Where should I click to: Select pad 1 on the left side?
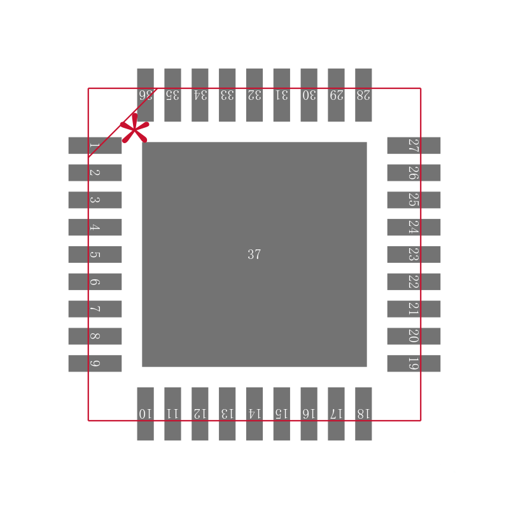[x=95, y=146]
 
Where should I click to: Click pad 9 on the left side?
[x=95, y=363]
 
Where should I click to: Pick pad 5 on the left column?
[x=95, y=254]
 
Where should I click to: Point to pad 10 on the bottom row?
[x=145, y=414]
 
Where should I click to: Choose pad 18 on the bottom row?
[x=363, y=414]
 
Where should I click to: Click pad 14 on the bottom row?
[x=254, y=414]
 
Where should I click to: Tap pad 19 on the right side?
[x=414, y=363]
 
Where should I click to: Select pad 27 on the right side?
[x=414, y=146]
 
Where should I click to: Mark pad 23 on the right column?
[x=414, y=254]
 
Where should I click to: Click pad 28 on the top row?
[x=363, y=95]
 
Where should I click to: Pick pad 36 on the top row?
[x=145, y=95]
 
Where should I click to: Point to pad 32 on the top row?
[x=254, y=95]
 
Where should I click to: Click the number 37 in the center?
[x=254, y=254]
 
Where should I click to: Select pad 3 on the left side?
[x=95, y=200]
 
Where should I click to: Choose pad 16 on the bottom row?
[x=309, y=414]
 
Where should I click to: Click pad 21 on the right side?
[x=414, y=309]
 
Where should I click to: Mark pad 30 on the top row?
[x=309, y=95]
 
